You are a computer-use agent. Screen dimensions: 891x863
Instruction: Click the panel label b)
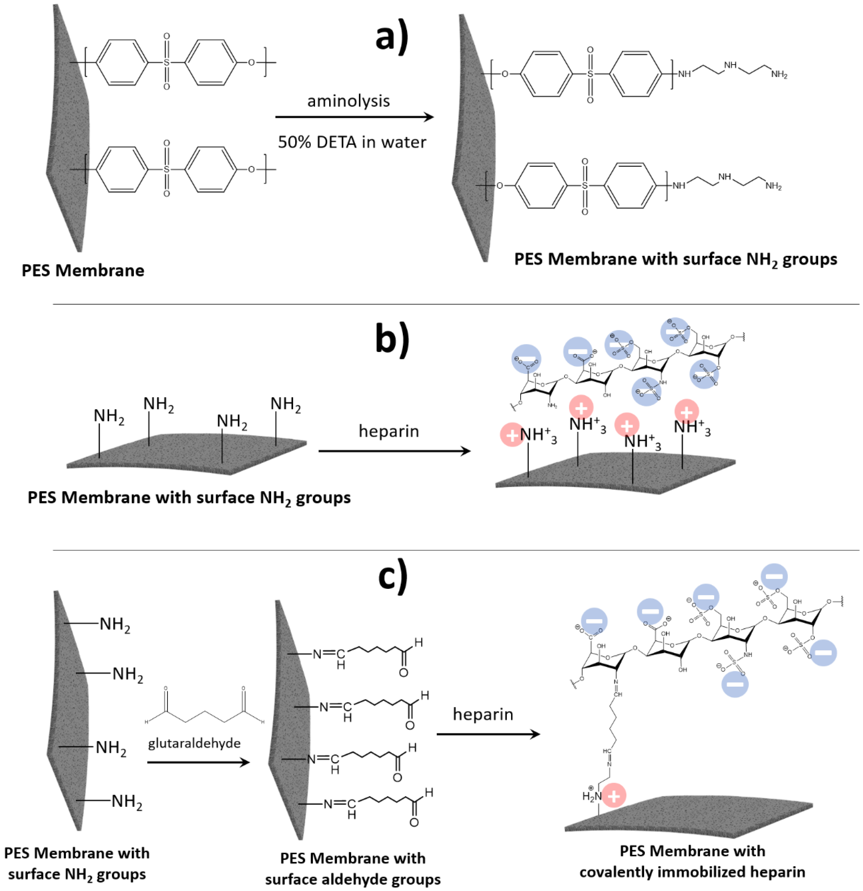(x=392, y=341)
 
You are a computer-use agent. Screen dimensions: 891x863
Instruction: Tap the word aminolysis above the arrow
(x=348, y=101)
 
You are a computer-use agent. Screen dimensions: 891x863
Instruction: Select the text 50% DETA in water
(x=352, y=142)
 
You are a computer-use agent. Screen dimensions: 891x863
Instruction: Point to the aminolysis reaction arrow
(x=354, y=117)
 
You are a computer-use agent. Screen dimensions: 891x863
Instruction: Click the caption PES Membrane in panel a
(x=83, y=271)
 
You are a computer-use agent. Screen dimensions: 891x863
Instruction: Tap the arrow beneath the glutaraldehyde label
(x=198, y=762)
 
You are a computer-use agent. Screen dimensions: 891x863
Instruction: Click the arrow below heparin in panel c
(x=488, y=734)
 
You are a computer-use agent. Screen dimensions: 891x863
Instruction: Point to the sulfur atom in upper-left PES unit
(x=167, y=62)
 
